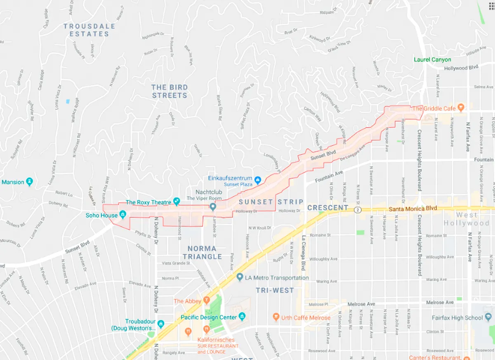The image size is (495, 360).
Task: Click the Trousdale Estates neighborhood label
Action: tap(89, 30)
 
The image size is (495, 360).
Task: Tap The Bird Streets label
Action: tap(170, 91)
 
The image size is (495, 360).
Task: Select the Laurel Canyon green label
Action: tap(433, 59)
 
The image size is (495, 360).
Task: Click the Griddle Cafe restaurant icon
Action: tap(461, 108)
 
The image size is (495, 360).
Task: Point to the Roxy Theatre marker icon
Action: tap(177, 201)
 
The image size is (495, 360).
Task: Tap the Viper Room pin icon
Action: tap(213, 207)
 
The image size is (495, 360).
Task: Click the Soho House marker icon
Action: tap(123, 215)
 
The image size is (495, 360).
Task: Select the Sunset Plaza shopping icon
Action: tap(258, 180)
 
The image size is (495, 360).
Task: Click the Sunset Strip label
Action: tap(271, 202)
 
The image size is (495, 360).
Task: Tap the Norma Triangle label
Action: tap(202, 252)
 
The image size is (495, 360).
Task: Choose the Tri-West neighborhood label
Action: tap(275, 290)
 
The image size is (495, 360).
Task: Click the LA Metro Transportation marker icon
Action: tap(240, 277)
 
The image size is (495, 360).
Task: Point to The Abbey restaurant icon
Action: tap(207, 301)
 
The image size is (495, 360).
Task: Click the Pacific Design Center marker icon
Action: tap(242, 317)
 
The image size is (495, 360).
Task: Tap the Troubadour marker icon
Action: tap(161, 323)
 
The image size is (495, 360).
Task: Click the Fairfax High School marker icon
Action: tap(488, 317)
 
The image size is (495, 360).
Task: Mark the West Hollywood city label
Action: tap(467, 219)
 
